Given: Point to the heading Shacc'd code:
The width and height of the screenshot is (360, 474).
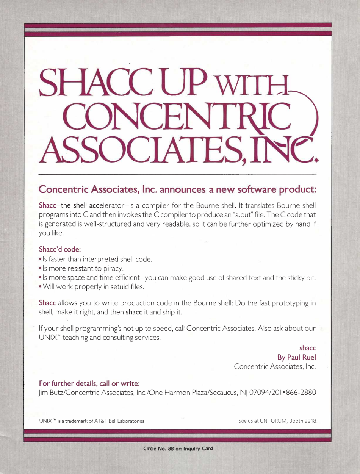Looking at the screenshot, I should click(60, 249).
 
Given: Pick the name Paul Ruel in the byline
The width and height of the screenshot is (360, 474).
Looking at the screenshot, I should click(302, 357).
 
